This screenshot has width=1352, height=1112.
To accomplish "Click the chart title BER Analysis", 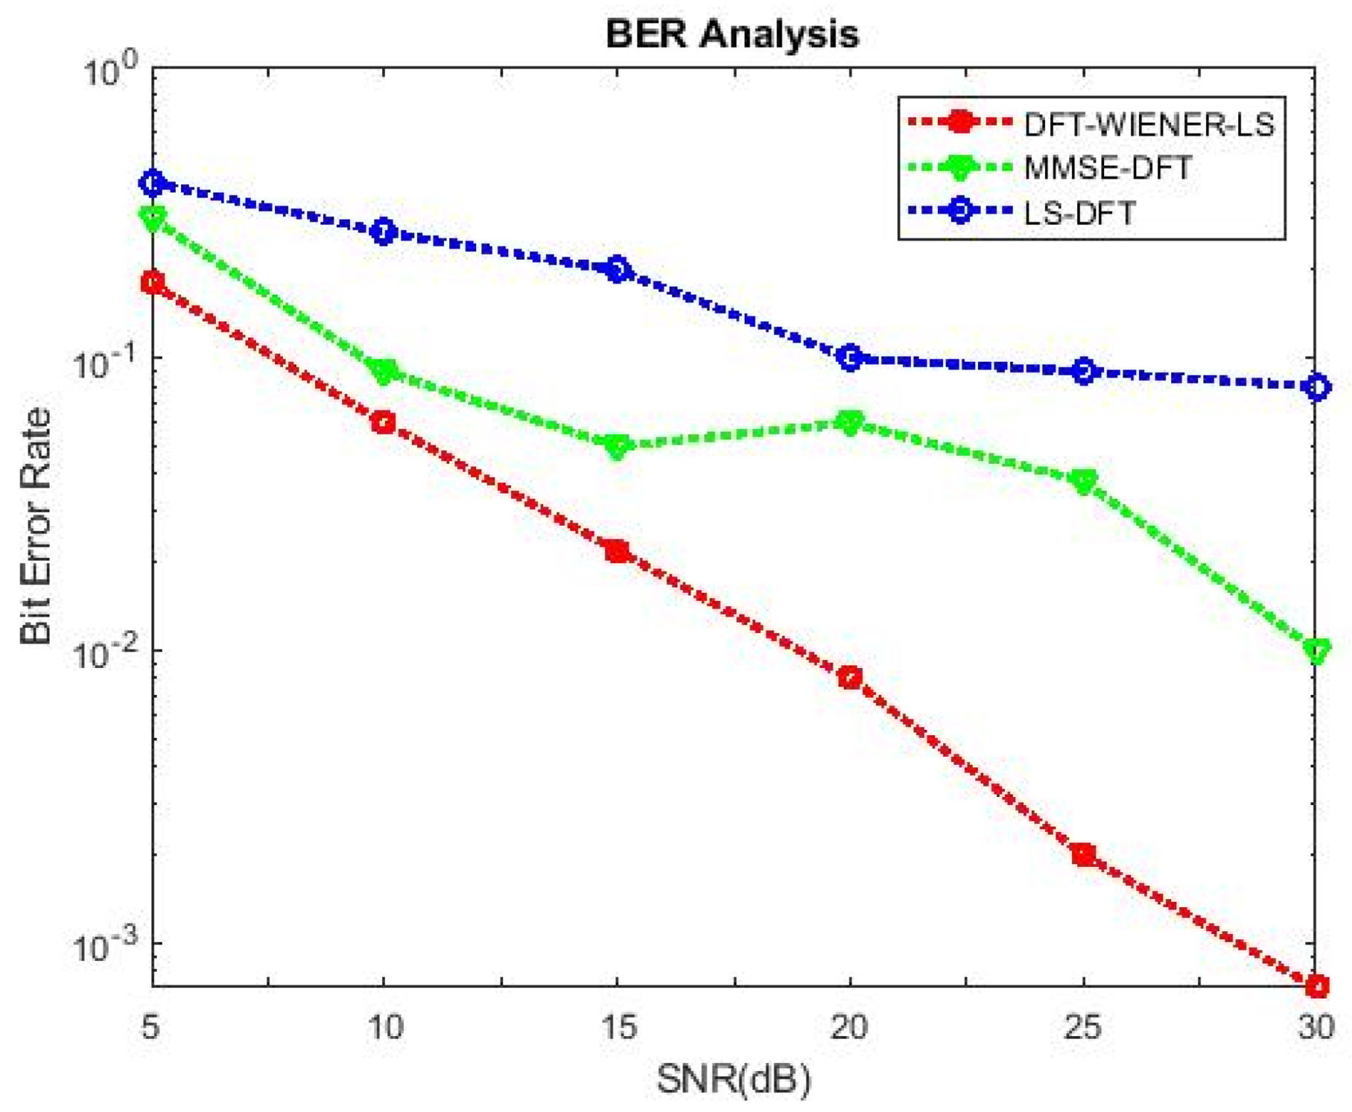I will [731, 34].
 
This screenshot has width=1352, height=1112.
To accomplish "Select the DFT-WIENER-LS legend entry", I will [1149, 125].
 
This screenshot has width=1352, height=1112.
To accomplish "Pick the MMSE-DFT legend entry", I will [1107, 168].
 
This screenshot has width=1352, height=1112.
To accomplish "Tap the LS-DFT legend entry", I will [1079, 213].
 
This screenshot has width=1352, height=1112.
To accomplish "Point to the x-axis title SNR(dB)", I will [733, 1079].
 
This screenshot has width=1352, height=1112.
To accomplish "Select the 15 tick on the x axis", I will [617, 1027].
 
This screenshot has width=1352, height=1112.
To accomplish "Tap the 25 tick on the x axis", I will [1083, 1027].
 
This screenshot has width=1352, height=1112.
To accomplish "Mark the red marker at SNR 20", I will [850, 677].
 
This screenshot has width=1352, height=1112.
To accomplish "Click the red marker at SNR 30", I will [1316, 986].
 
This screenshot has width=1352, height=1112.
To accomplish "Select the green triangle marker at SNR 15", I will [617, 446].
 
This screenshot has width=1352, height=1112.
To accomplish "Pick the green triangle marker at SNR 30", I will [1316, 650].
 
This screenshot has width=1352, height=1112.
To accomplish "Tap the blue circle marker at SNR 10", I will [384, 232].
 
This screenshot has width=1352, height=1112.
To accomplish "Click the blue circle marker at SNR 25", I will [1084, 371].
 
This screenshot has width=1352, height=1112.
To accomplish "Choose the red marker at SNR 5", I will [152, 281].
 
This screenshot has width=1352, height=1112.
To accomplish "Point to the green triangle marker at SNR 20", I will [850, 422].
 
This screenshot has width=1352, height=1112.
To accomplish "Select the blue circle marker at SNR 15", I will [617, 270].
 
